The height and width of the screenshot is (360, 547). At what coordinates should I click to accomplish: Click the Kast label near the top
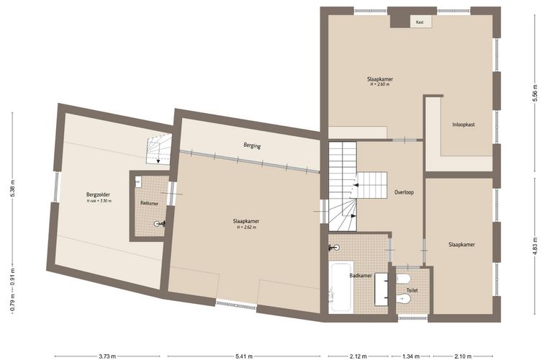420,22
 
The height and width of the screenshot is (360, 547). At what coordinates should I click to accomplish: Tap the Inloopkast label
464,125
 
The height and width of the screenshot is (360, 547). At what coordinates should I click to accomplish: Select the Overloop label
404,192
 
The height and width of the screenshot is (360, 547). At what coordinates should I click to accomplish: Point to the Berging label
252,146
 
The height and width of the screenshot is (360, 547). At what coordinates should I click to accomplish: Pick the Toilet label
412,290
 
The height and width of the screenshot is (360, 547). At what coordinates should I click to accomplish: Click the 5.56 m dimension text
534,94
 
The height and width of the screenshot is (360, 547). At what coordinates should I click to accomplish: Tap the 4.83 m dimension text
534,246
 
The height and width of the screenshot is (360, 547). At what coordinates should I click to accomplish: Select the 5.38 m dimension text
12,189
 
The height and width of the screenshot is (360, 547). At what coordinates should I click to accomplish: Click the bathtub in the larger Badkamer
341,287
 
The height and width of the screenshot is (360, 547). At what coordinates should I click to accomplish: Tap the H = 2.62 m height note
246,227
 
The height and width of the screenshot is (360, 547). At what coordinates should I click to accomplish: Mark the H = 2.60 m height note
380,84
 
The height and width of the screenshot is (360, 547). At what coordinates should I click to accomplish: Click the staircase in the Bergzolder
159,149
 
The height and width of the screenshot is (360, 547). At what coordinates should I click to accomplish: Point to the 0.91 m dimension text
12,276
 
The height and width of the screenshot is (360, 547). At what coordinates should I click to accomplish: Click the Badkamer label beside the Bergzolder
149,203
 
